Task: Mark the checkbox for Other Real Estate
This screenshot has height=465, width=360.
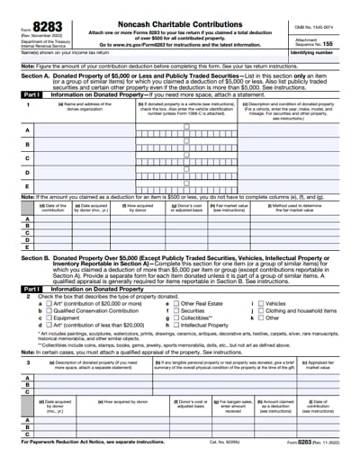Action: (x=175, y=303)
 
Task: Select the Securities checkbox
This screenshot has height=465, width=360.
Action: (x=175, y=310)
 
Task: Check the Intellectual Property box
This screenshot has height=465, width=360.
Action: (x=175, y=325)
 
